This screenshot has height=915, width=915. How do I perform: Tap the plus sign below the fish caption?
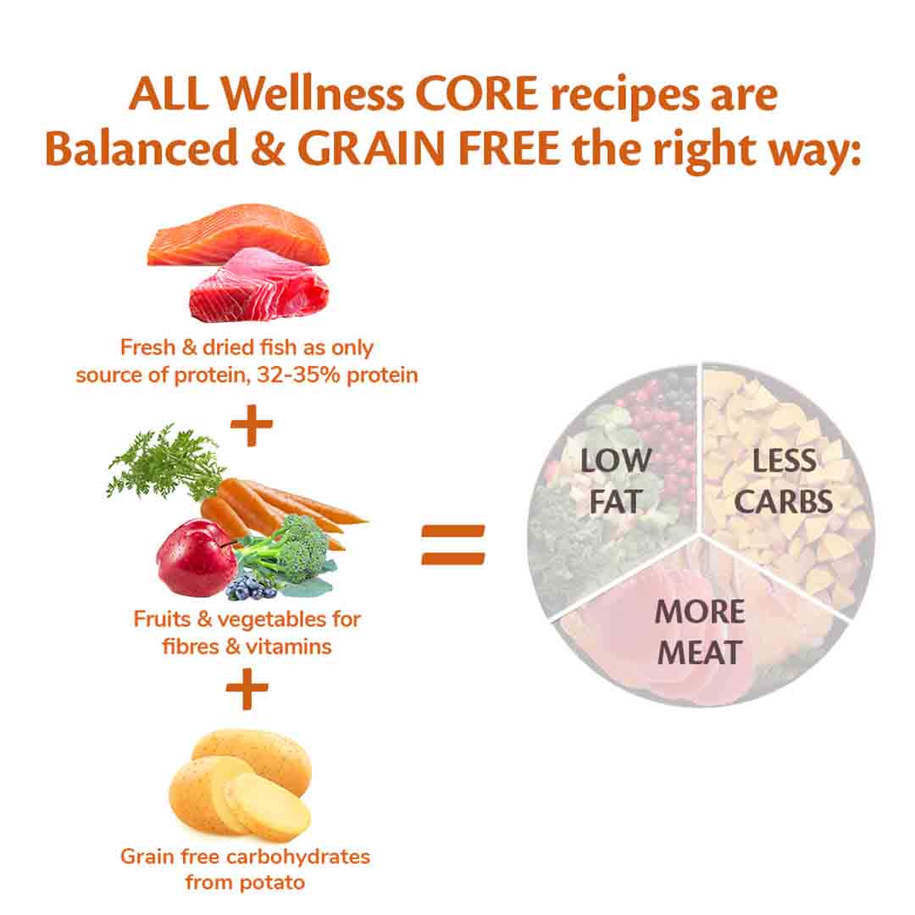(x=251, y=427)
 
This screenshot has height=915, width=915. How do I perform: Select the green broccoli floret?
(x=289, y=551)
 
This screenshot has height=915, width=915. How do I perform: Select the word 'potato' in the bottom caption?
(x=270, y=881)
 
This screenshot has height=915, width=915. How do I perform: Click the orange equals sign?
(x=453, y=544)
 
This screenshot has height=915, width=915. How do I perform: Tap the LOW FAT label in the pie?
(x=616, y=480)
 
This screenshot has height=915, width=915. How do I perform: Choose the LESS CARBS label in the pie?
(x=783, y=480)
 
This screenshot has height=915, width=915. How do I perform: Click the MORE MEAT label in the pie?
(x=700, y=631)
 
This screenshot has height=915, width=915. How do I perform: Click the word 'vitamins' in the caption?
(x=287, y=646)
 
